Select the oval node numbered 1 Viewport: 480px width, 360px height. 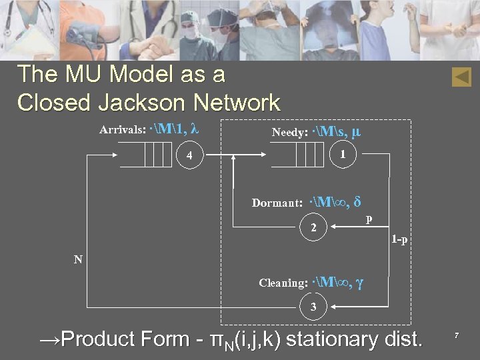click(343, 155)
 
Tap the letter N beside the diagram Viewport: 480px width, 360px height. click(78, 259)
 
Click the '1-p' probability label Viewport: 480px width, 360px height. click(400, 239)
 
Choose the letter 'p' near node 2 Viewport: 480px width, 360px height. click(369, 219)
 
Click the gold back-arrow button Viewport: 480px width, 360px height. click(461, 77)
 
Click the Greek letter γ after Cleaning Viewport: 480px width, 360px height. click(360, 282)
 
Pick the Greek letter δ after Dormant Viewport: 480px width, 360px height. click(357, 201)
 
